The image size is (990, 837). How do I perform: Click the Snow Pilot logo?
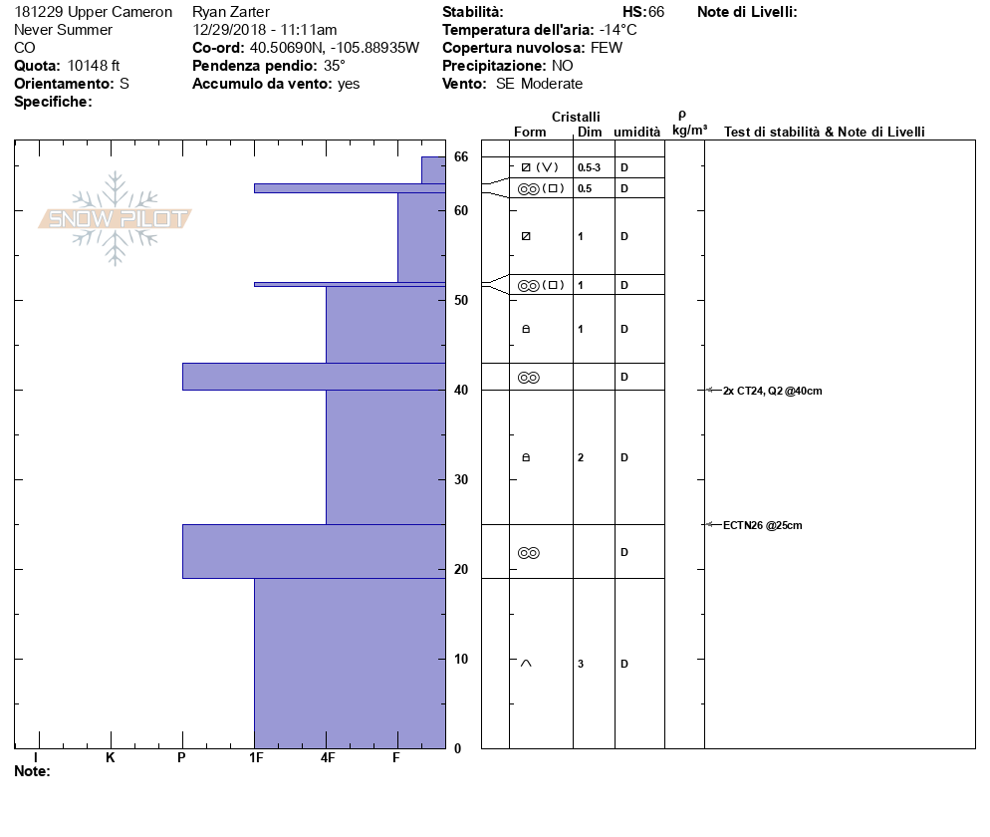[x=116, y=218]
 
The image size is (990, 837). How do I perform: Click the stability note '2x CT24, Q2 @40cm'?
[x=773, y=391]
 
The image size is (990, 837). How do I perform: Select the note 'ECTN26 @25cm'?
[x=762, y=525]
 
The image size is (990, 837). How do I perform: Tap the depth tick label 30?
[x=461, y=479]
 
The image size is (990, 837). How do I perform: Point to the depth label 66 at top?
[x=461, y=156]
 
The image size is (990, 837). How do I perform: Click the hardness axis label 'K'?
[x=110, y=758]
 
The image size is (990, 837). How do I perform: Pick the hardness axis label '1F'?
[x=256, y=758]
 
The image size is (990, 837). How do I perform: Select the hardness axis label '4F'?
[x=327, y=758]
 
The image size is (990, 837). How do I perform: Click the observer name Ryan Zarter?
[x=230, y=12]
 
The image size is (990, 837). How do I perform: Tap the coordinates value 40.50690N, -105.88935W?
[x=334, y=48]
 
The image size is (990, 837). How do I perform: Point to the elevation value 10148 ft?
[x=94, y=66]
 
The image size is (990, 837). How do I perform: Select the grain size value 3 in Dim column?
[x=581, y=664]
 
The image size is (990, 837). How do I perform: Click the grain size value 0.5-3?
[x=589, y=167]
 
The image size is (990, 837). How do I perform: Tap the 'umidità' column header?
[x=636, y=132]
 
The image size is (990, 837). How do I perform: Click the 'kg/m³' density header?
[x=689, y=130]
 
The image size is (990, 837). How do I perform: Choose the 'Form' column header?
[x=530, y=132]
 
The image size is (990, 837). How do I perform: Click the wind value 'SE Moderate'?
[x=539, y=84]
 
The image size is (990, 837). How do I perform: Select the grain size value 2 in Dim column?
[x=581, y=457]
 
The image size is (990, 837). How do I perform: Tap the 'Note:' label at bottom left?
[x=32, y=771]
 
